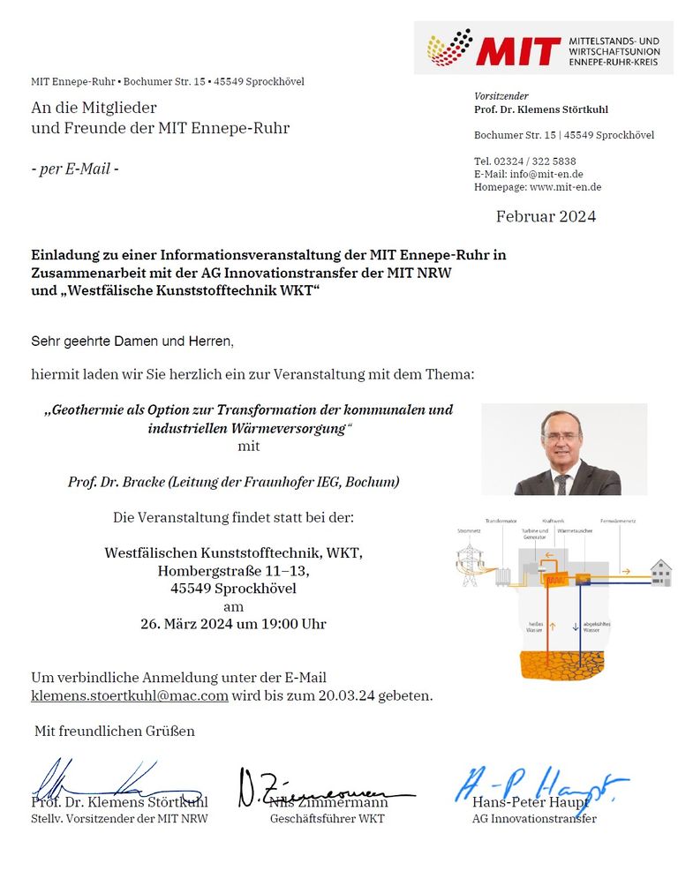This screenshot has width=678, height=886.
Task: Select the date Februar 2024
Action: [546, 216]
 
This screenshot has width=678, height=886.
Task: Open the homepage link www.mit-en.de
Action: [565, 187]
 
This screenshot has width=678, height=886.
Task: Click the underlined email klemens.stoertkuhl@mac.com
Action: [130, 695]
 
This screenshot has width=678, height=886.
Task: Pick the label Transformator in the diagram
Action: [501, 522]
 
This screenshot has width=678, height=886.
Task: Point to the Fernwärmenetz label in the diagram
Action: [619, 522]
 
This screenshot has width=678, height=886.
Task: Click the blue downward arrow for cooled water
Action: [581, 627]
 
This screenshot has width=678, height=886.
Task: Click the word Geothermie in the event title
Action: [86, 410]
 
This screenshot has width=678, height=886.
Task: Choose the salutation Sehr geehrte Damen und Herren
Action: [133, 340]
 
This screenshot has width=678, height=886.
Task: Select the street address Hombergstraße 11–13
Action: [234, 571]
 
